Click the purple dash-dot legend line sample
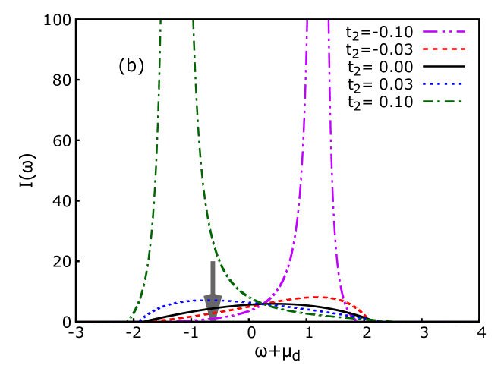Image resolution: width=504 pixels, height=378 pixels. point(444,32)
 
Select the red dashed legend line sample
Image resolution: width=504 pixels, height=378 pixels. point(444,49)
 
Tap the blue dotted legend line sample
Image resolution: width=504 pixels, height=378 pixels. point(443,83)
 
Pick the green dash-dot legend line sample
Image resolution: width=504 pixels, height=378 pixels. point(443,101)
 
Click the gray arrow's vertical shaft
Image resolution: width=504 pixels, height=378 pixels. point(213,277)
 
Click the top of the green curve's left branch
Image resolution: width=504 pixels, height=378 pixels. point(160,21)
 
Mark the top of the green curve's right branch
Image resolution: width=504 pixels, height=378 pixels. point(193,21)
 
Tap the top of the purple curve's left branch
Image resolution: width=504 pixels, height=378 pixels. point(307,21)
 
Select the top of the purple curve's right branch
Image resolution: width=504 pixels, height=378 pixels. point(329,21)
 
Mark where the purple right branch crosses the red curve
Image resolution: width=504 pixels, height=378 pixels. point(340,298)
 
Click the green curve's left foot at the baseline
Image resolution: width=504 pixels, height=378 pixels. point(128,320)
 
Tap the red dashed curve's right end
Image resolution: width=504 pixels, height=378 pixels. point(368,317)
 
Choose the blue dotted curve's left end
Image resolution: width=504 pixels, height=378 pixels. point(140,320)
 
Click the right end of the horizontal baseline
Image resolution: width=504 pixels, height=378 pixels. point(479,322)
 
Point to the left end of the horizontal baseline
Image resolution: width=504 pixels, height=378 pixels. point(76,322)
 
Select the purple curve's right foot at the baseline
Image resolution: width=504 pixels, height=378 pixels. point(349,320)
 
